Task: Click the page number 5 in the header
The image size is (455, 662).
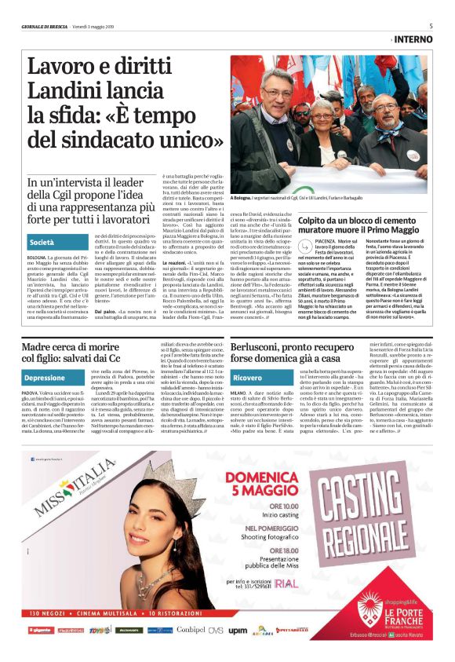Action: [x=431, y=26]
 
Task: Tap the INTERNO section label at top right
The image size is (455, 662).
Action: [x=413, y=38]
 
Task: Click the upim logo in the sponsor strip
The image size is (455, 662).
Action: [x=237, y=631]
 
